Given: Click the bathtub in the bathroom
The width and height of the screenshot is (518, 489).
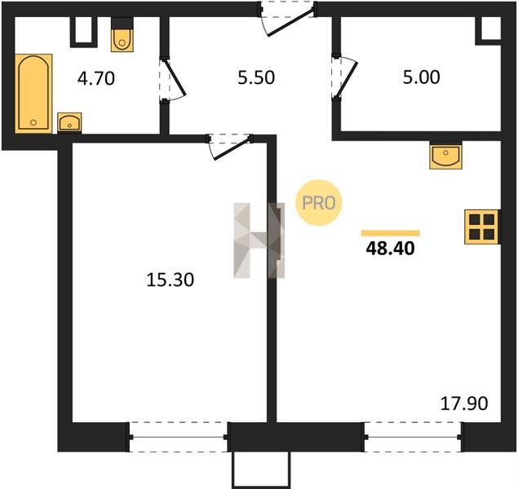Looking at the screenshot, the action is [x=33, y=94].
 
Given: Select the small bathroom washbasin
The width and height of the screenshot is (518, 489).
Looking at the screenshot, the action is [x=69, y=122].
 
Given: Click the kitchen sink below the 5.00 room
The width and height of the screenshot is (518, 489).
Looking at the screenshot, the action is [x=445, y=156].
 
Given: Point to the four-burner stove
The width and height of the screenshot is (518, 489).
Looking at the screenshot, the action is [x=482, y=227].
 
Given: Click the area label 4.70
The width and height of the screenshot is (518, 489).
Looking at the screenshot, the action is [x=96, y=79].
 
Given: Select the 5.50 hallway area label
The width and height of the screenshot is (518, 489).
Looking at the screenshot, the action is [x=256, y=78].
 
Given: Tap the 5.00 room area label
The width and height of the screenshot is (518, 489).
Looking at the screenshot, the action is [x=421, y=77].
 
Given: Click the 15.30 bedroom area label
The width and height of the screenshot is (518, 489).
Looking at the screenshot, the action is [x=170, y=280].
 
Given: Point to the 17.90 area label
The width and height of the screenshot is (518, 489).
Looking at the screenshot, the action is [x=464, y=403].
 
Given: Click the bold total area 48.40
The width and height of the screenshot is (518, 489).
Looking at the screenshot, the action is [x=390, y=249].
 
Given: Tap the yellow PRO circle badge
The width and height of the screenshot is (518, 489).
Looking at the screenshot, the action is [x=318, y=203].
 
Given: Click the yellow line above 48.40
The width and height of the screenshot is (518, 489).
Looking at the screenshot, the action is [x=391, y=233].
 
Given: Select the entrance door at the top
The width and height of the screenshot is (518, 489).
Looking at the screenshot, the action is [x=287, y=18].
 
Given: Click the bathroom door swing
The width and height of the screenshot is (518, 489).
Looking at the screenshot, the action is [x=173, y=79].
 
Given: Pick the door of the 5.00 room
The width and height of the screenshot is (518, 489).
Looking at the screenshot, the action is [x=344, y=77].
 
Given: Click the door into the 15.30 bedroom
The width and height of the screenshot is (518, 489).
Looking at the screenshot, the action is [x=229, y=146].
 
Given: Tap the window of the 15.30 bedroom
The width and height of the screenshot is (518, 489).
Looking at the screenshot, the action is [x=179, y=437].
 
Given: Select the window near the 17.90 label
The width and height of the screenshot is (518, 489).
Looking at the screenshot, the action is [x=413, y=437].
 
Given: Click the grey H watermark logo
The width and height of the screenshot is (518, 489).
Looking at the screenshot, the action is [x=259, y=240].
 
